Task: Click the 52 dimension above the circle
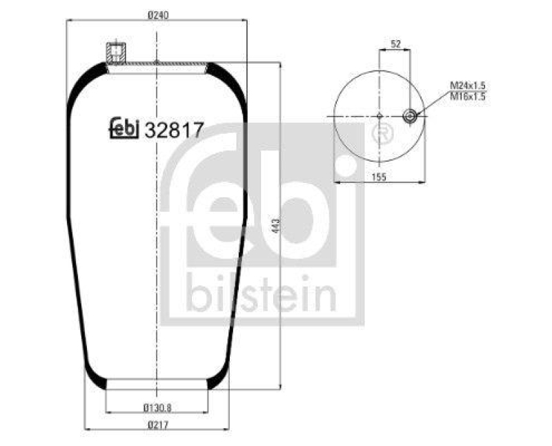(395, 44)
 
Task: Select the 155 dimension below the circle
(379, 177)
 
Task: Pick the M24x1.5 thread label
(469, 85)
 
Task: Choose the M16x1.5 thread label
(469, 97)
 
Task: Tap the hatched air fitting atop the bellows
(116, 52)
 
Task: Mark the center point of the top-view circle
(379, 116)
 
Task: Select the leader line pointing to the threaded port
(431, 104)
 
